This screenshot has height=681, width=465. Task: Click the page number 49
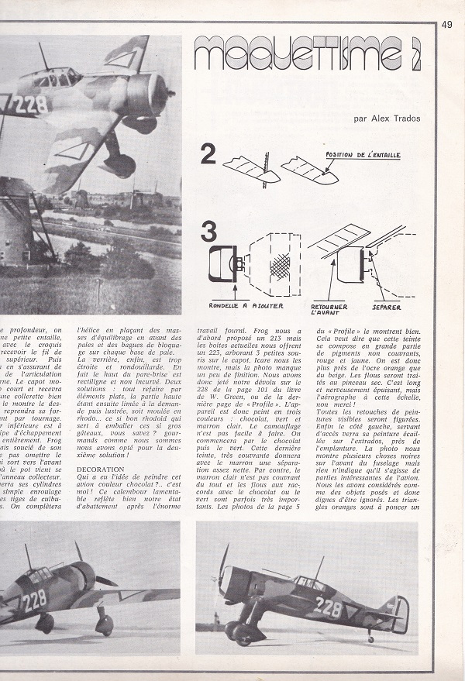446,24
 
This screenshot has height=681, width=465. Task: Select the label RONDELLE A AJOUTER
241,304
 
